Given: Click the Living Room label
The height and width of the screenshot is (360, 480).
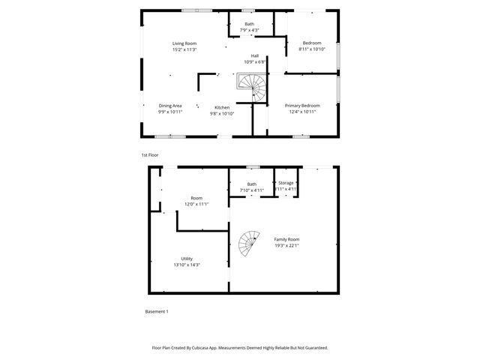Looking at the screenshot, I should coord(184,43).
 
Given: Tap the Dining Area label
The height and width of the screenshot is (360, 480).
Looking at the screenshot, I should coord(170,106).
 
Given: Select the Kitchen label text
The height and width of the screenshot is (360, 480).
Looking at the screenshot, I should coord(222,107).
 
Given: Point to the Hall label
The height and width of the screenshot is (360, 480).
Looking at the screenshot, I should coord(255,55).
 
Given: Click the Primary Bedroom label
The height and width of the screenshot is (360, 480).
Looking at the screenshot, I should coord(301,106).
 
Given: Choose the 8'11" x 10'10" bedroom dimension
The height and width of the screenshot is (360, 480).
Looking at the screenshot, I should coord(311,49).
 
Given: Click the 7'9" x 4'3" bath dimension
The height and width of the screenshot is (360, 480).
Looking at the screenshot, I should coord(249,30).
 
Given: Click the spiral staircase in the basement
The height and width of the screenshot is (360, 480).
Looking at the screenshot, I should coord(248,242).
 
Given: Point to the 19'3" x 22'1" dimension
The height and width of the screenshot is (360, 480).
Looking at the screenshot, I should coord(286,245).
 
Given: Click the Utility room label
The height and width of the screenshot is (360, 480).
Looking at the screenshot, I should coord(187,258).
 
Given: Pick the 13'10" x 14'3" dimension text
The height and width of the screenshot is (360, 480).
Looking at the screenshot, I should coord(187,265).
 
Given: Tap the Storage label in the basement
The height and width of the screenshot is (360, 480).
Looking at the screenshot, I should coord(286,183).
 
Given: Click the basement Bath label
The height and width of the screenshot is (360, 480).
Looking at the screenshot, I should coord(252,184).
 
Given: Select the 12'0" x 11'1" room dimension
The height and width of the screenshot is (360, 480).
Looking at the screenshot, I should coord(196,204).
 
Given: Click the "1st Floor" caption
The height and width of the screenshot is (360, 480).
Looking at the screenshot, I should coord(150,154).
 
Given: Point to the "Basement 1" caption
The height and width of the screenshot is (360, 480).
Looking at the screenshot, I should coord(157,311).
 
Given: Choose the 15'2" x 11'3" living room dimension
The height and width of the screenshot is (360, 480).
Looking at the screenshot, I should coord(184,49).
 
